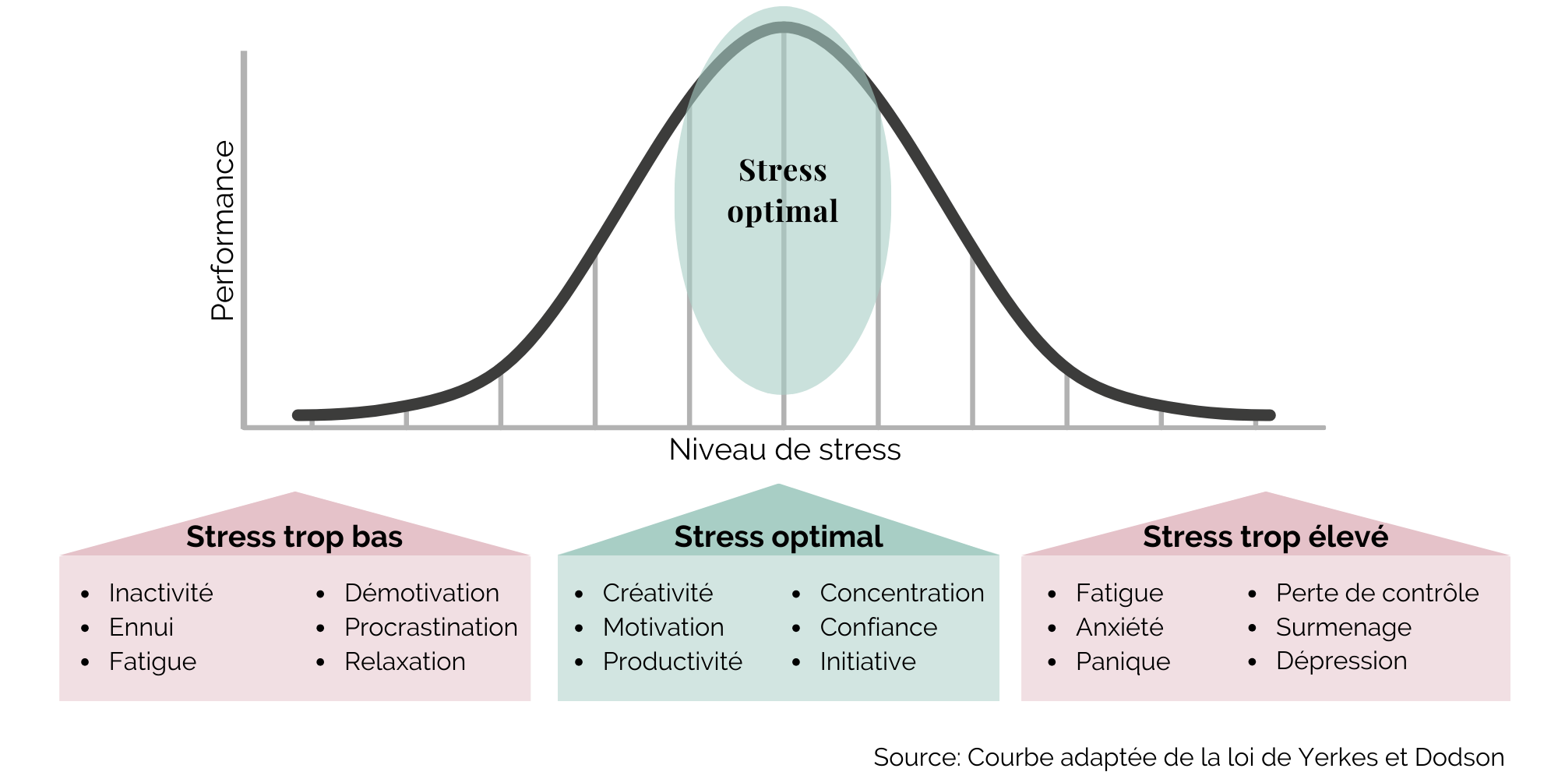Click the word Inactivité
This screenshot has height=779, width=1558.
coord(160,593)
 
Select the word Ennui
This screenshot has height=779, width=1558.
coord(141,627)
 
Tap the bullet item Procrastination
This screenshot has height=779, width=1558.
coord(431,627)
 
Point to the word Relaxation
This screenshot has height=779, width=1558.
coord(404,661)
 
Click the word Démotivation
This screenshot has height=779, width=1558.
coord(421,593)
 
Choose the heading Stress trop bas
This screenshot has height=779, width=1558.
coord(294,537)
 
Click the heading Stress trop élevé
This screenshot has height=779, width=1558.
coord(1265,537)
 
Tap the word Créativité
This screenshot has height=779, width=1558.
coord(657,593)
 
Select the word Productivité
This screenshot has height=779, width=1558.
coord(672,661)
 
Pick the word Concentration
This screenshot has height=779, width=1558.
coord(901,593)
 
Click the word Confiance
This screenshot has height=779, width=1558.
coord(878,627)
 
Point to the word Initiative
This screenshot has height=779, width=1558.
coord(867,661)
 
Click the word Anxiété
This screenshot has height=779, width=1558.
coord(1119,627)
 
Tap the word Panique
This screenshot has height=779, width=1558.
coord(1123,661)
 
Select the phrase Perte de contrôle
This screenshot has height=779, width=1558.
coord(1376,593)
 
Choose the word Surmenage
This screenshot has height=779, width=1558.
coord(1343,627)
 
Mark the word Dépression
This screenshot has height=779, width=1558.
coord(1341,661)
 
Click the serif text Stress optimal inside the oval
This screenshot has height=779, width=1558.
coord(782,191)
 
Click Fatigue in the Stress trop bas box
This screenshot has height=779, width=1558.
coord(153,661)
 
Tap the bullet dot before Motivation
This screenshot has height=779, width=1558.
coord(579,628)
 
